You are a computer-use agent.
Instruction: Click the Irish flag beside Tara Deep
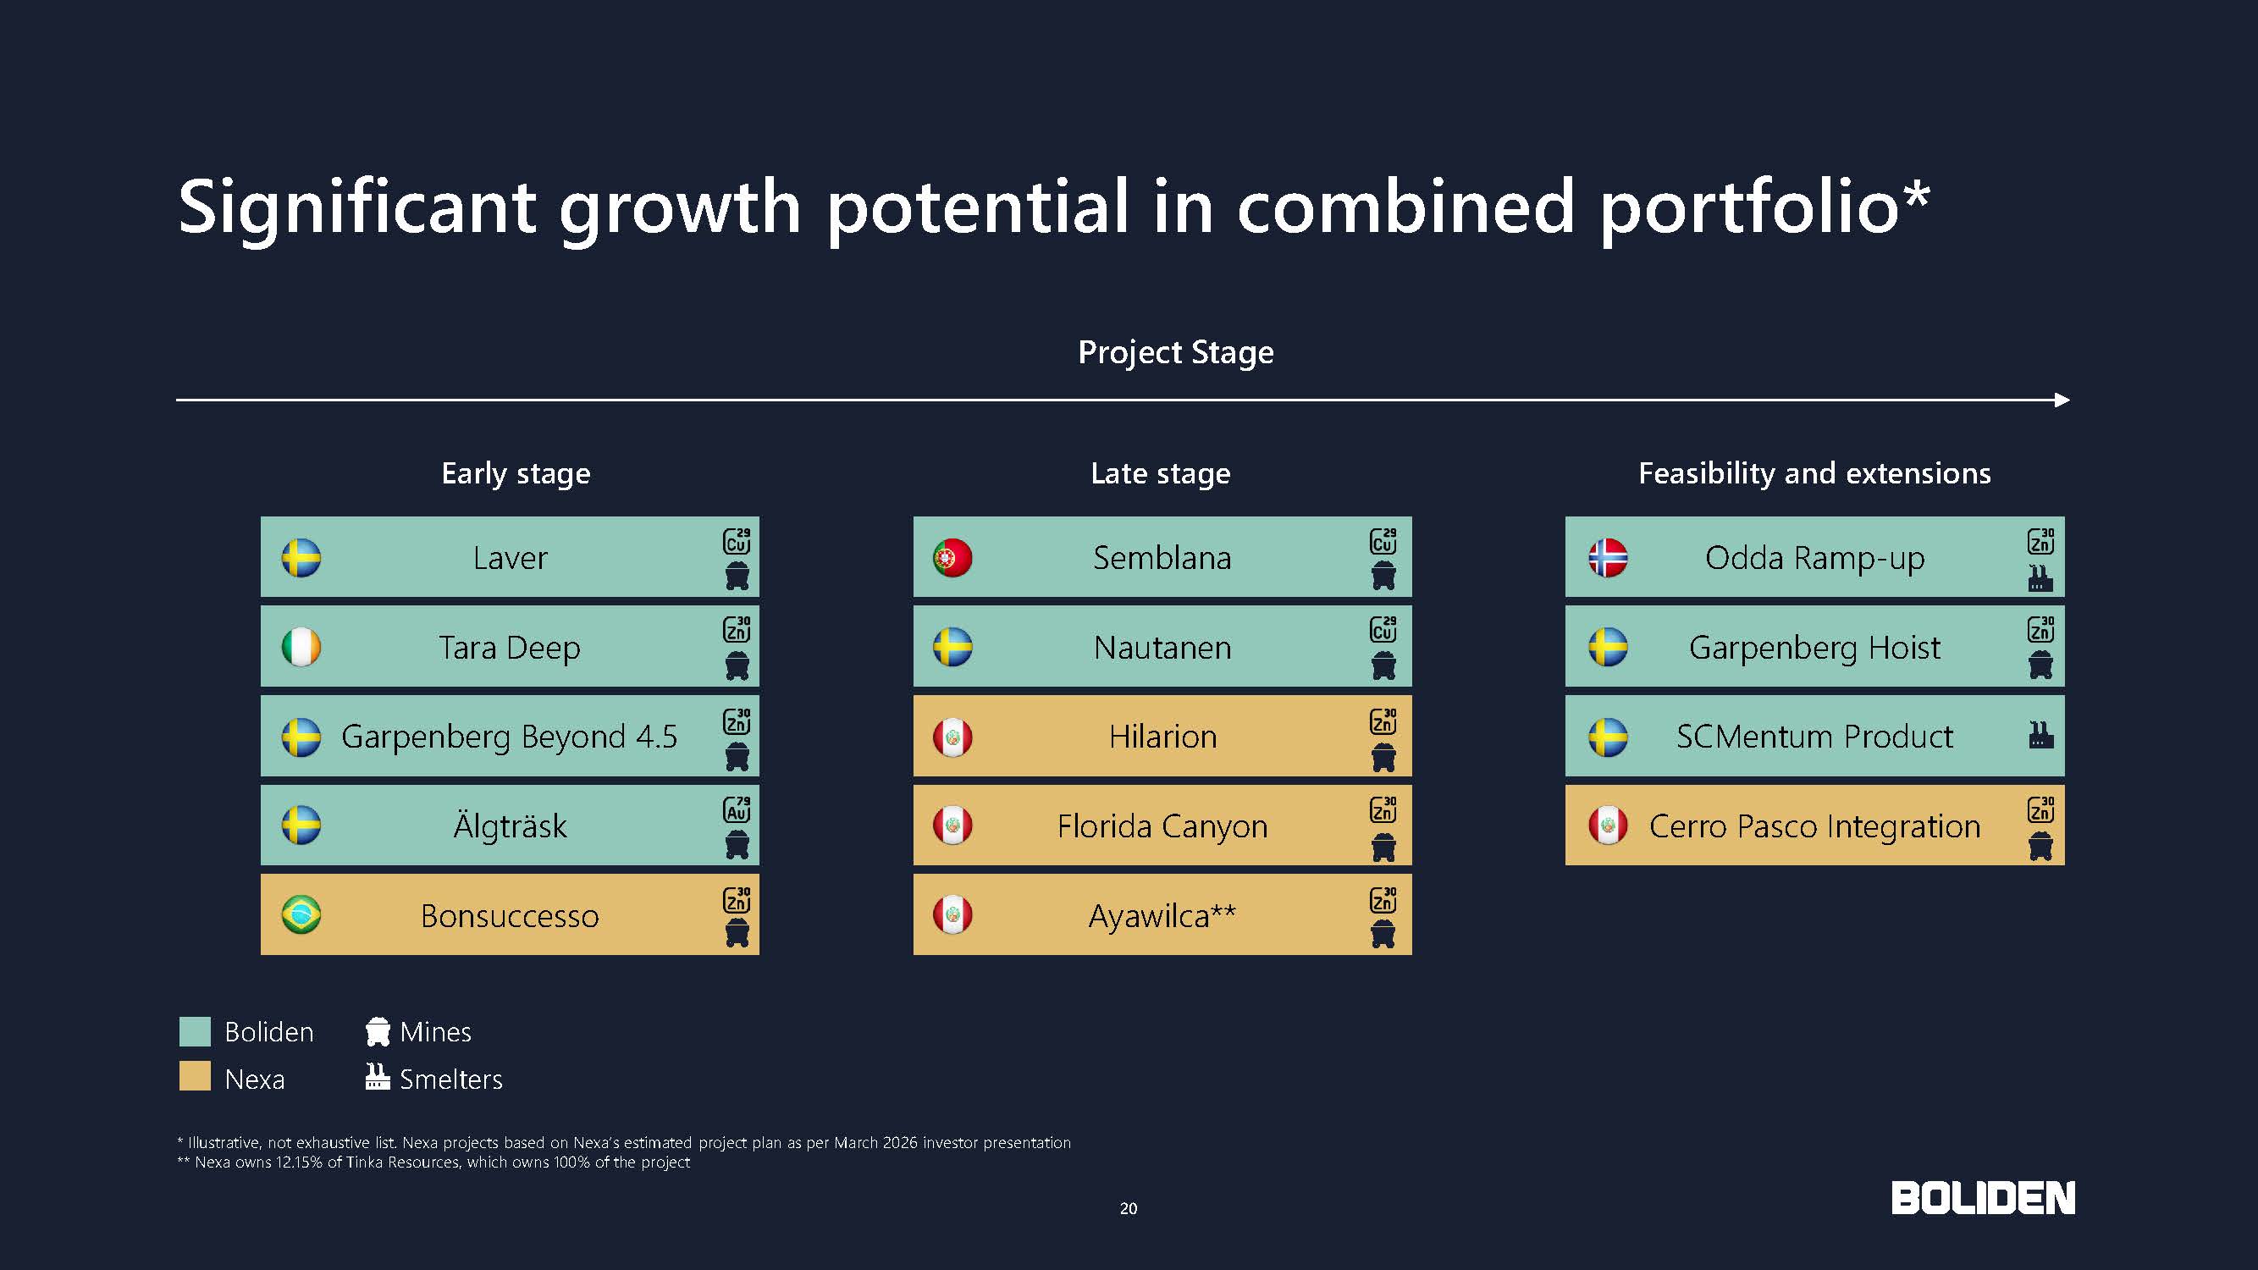[x=301, y=647]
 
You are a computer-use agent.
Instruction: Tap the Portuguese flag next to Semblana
[x=952, y=557]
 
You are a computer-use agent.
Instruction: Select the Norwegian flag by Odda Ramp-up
[x=1608, y=557]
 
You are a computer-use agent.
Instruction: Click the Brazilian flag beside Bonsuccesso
[x=301, y=915]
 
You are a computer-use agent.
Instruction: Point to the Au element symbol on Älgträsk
[x=737, y=809]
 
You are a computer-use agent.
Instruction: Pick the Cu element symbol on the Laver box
[x=737, y=541]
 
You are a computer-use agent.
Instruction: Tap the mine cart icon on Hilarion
[x=1383, y=757]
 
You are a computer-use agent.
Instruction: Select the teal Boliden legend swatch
[x=195, y=1031]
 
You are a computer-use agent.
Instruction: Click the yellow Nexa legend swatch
[x=195, y=1076]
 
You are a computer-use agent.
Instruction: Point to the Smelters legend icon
[x=377, y=1076]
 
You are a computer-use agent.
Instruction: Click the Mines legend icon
[x=378, y=1031]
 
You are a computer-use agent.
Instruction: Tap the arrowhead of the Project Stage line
[x=2062, y=400]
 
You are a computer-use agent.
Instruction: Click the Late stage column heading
[x=1161, y=473]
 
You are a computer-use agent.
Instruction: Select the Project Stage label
[x=1175, y=352]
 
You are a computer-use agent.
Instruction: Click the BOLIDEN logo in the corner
[x=1983, y=1198]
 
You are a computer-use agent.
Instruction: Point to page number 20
[x=1128, y=1209]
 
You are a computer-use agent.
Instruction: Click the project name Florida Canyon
[x=1162, y=826]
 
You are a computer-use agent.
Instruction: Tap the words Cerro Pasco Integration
[x=1814, y=826]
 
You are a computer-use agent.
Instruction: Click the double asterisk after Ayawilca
[x=1223, y=911]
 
